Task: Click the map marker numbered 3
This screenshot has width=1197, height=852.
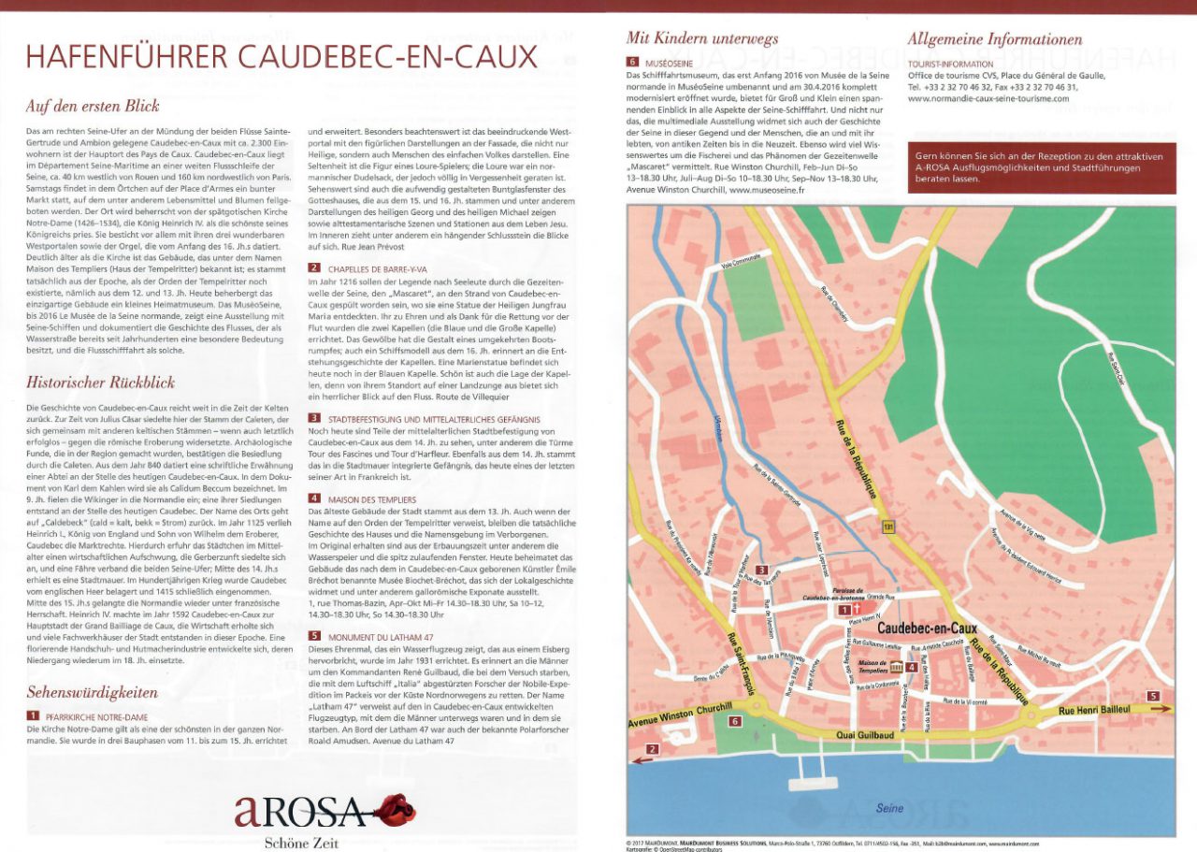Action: [762, 570]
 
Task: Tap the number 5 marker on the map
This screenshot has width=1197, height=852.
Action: [1152, 696]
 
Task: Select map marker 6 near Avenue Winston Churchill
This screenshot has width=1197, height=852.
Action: [735, 721]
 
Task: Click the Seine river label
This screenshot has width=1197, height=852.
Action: [890, 807]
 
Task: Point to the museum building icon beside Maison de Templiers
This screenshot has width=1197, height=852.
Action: [896, 667]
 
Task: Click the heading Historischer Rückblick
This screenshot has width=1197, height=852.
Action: [100, 382]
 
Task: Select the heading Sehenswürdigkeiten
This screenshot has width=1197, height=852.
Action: [92, 693]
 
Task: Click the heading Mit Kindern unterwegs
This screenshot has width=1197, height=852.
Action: [701, 38]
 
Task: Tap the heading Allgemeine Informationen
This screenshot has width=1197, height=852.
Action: [995, 39]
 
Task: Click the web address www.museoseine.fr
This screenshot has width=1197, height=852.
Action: [767, 189]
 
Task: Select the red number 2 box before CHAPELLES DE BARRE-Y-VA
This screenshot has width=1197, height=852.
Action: [314, 267]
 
